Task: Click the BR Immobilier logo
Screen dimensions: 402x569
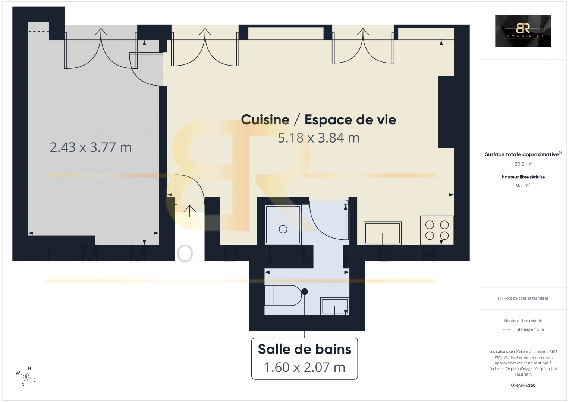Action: (x=523, y=31)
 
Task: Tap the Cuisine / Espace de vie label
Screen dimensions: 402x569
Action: (x=318, y=119)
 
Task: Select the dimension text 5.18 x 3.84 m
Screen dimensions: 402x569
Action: (x=318, y=138)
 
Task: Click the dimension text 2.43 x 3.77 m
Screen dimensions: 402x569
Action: (x=91, y=147)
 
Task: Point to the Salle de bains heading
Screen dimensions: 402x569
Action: (x=305, y=349)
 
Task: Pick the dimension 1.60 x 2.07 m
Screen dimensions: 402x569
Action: (x=305, y=367)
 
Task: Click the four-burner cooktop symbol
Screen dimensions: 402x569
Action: (x=437, y=230)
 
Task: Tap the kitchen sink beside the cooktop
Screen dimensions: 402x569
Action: (x=383, y=233)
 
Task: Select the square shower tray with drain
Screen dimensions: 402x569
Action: (x=283, y=225)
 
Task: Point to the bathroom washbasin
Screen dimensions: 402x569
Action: (x=334, y=306)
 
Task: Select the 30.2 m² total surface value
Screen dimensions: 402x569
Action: (x=523, y=164)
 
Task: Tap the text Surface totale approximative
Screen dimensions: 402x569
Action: (x=522, y=154)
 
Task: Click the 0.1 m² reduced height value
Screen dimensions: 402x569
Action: (x=523, y=185)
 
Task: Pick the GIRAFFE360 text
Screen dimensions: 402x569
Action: (x=523, y=385)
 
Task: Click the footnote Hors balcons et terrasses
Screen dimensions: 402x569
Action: (x=523, y=298)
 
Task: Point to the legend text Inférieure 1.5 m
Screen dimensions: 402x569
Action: (x=529, y=329)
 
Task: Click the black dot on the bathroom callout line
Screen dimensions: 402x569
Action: (x=305, y=291)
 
